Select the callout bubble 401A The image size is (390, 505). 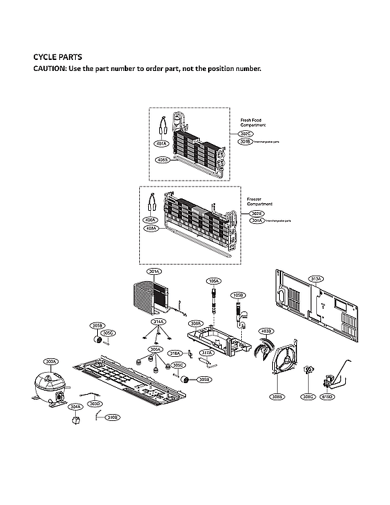(162, 144)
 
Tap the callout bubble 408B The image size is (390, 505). (162, 159)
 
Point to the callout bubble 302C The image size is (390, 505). (245, 133)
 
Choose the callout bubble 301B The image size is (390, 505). (245, 141)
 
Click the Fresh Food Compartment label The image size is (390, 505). (252, 121)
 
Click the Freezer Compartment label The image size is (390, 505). (259, 201)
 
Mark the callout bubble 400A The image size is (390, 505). (150, 220)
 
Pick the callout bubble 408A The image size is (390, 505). (150, 227)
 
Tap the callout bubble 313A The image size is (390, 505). (316, 279)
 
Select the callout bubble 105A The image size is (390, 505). (214, 281)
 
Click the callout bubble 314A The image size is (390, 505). (158, 322)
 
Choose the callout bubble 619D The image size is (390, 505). (327, 397)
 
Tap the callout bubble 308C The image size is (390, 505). (307, 397)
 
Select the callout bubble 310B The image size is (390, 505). (112, 417)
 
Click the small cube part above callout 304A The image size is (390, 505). (76, 420)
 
